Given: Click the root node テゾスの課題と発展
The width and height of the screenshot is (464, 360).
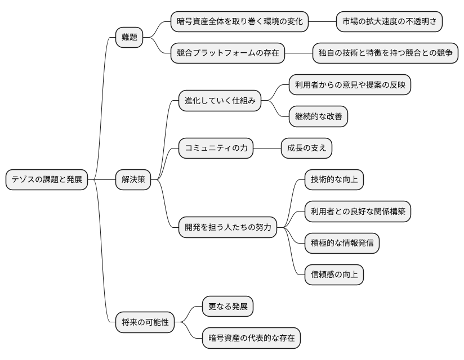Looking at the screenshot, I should (47, 180).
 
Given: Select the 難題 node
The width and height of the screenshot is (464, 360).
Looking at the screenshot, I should (129, 38).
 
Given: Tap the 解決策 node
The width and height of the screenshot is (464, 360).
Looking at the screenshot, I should (133, 180).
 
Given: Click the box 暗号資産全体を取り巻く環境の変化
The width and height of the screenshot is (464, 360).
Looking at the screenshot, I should (240, 22).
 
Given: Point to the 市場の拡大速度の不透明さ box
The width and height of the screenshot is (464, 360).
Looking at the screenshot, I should (389, 22).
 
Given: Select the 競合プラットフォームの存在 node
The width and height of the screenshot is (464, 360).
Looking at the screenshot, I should (227, 53).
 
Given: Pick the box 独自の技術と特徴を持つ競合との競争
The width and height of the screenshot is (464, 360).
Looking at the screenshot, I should (385, 53).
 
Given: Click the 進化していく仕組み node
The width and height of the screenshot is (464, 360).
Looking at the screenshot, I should (220, 101).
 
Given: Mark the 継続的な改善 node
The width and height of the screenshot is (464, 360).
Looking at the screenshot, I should (318, 117).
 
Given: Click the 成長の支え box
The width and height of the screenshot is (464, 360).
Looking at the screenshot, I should (306, 148).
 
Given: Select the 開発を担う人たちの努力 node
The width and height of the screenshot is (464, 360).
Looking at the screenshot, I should (227, 228).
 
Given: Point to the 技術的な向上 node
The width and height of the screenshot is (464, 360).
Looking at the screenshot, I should (333, 180).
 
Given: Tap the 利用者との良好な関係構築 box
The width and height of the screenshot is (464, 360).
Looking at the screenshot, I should (358, 212).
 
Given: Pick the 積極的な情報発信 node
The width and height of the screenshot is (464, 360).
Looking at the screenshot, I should (341, 244).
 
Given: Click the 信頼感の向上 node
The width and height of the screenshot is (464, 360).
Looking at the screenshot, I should (333, 275).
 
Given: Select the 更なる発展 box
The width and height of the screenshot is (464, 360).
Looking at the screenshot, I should (227, 307).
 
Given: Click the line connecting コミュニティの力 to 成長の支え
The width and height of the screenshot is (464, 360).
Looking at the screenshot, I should (267, 148).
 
